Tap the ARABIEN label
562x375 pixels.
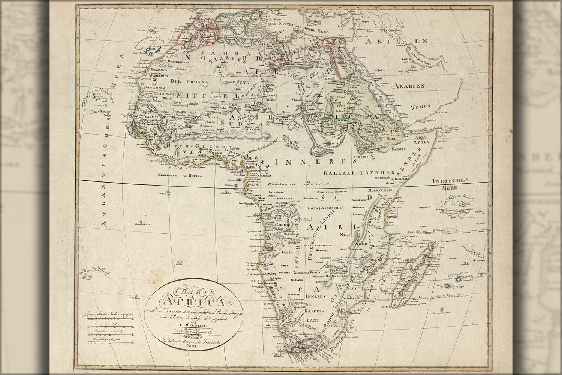pyautogui.click(x=409, y=86)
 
